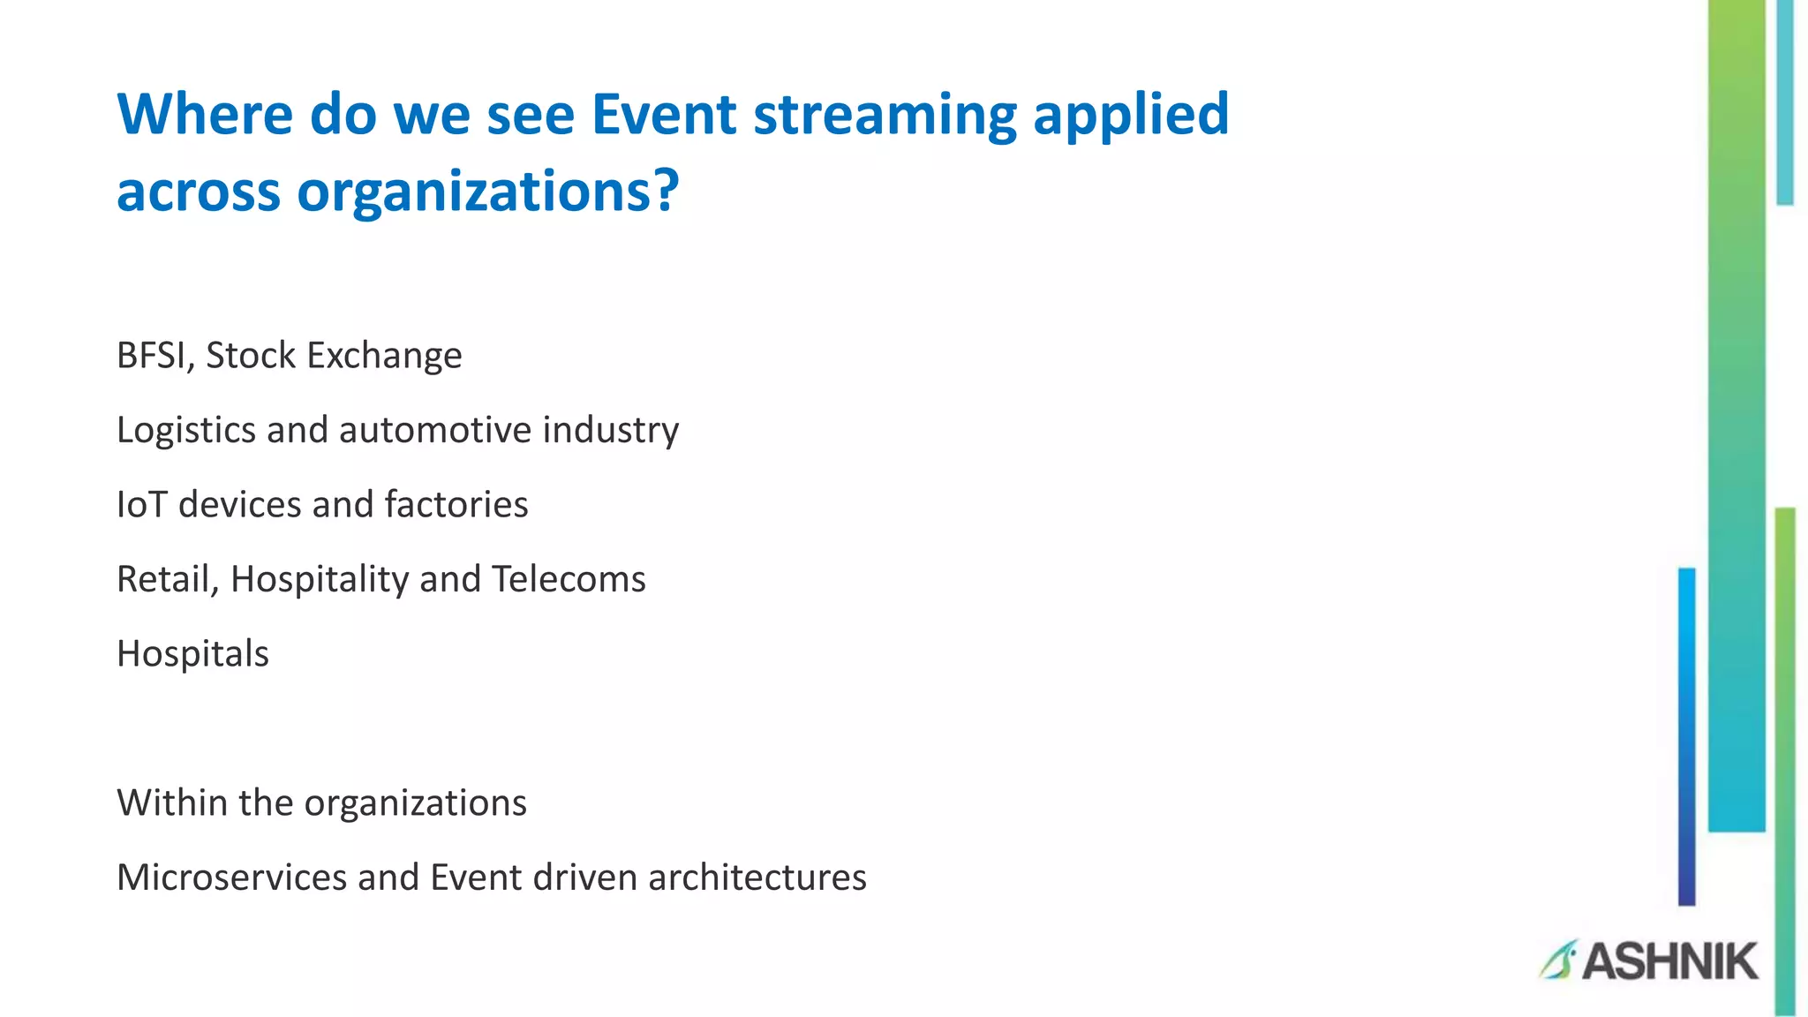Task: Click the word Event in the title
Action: point(663,115)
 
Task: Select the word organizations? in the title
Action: point(487,192)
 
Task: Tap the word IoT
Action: point(141,505)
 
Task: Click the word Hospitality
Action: point(320,580)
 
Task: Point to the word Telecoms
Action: point(569,580)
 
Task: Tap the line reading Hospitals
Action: point(192,654)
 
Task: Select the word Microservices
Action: point(231,878)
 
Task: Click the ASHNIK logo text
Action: point(1669,961)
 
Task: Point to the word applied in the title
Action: point(1131,117)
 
